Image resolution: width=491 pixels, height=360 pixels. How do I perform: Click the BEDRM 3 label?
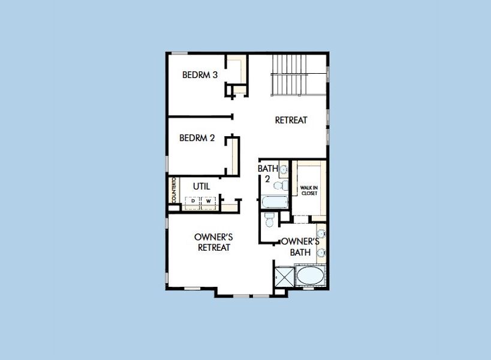(200, 75)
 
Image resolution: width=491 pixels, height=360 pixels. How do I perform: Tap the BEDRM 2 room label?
(197, 138)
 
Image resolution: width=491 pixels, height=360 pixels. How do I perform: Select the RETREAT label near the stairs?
(291, 120)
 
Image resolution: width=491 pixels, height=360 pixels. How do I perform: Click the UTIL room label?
(201, 187)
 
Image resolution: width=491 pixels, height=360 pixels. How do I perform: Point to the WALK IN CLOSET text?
(309, 191)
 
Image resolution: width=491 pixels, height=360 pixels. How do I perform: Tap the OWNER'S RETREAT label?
(213, 242)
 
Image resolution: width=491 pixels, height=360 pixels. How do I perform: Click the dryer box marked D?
(193, 201)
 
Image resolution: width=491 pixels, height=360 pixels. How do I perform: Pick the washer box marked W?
(209, 201)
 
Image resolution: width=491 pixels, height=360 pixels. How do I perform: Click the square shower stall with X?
(284, 277)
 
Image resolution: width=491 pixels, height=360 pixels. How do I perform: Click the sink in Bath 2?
(284, 170)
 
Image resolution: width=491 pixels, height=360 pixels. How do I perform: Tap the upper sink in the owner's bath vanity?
(321, 233)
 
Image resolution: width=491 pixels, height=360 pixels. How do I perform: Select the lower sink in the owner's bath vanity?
(321, 253)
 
